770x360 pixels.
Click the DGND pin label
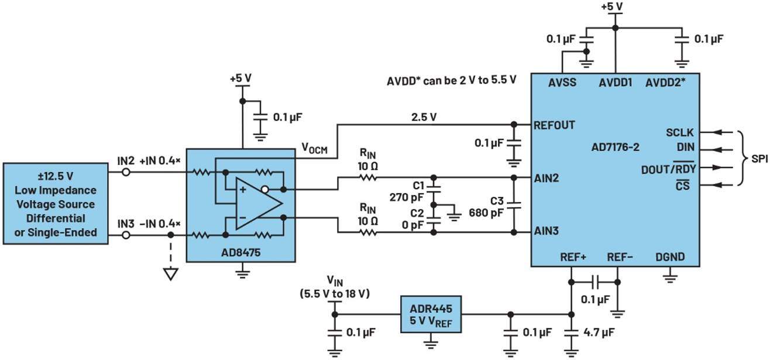click(669, 257)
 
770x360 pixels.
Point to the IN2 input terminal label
click(126, 159)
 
